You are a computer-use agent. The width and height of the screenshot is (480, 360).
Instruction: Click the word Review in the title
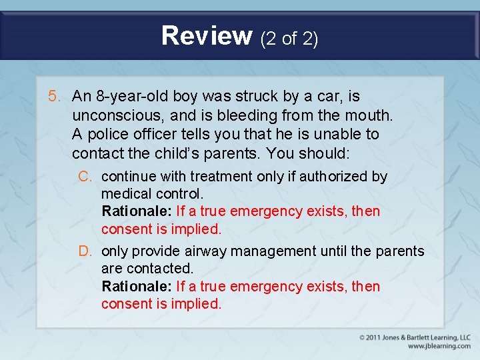[x=207, y=35]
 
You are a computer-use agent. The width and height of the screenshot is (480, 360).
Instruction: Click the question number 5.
[x=55, y=97]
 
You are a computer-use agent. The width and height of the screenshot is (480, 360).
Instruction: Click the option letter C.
[x=84, y=177]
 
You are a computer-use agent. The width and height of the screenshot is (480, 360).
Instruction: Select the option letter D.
[x=84, y=251]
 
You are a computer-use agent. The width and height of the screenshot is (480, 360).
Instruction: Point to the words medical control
[x=151, y=194]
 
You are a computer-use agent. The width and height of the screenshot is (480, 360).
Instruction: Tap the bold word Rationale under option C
[x=136, y=211]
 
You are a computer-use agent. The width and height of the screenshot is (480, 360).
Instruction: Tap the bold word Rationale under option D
[x=136, y=287]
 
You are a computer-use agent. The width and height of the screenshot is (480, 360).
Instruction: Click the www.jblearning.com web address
[x=439, y=346]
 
